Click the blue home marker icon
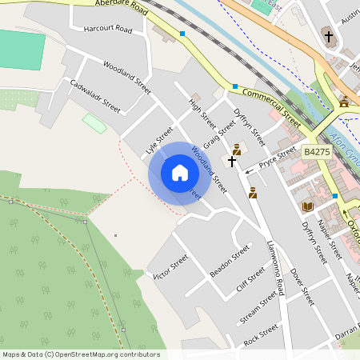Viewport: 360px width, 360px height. point(180,173)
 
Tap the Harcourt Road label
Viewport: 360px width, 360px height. point(107,29)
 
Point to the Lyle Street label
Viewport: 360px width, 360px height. point(160,140)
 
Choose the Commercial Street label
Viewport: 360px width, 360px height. point(271,107)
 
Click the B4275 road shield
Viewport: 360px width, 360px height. point(317,151)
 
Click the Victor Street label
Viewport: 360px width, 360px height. point(170,266)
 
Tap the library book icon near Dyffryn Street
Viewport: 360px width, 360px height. point(307,206)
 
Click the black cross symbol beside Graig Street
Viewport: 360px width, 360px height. point(232,161)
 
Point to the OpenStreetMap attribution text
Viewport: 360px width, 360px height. point(81,354)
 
